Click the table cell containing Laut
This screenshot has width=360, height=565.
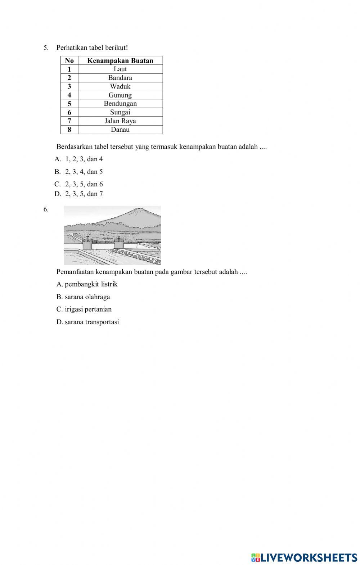pyautogui.click(x=120, y=69)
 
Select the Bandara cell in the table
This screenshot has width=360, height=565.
pyautogui.click(x=120, y=78)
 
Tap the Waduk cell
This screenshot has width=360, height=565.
pyautogui.click(x=120, y=86)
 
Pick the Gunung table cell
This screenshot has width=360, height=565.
pyautogui.click(x=120, y=95)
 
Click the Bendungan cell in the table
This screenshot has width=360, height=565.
pyautogui.click(x=120, y=104)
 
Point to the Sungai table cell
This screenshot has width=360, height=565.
pyautogui.click(x=120, y=112)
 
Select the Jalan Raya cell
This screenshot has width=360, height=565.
pyautogui.click(x=120, y=121)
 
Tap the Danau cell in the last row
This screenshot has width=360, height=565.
pyautogui.click(x=120, y=130)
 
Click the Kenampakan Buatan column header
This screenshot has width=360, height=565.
pyautogui.click(x=120, y=60)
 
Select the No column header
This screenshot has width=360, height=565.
pyautogui.click(x=69, y=60)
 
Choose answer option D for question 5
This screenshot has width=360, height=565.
pyautogui.click(x=79, y=194)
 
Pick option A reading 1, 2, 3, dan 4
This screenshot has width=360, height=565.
pyautogui.click(x=79, y=159)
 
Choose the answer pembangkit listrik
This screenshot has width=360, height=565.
pyautogui.click(x=87, y=284)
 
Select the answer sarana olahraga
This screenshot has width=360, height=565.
pyautogui.click(x=84, y=297)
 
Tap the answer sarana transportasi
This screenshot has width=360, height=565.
pyautogui.click(x=88, y=322)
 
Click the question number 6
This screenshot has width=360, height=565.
pyautogui.click(x=46, y=209)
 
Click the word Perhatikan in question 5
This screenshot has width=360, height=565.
pyautogui.click(x=71, y=48)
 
